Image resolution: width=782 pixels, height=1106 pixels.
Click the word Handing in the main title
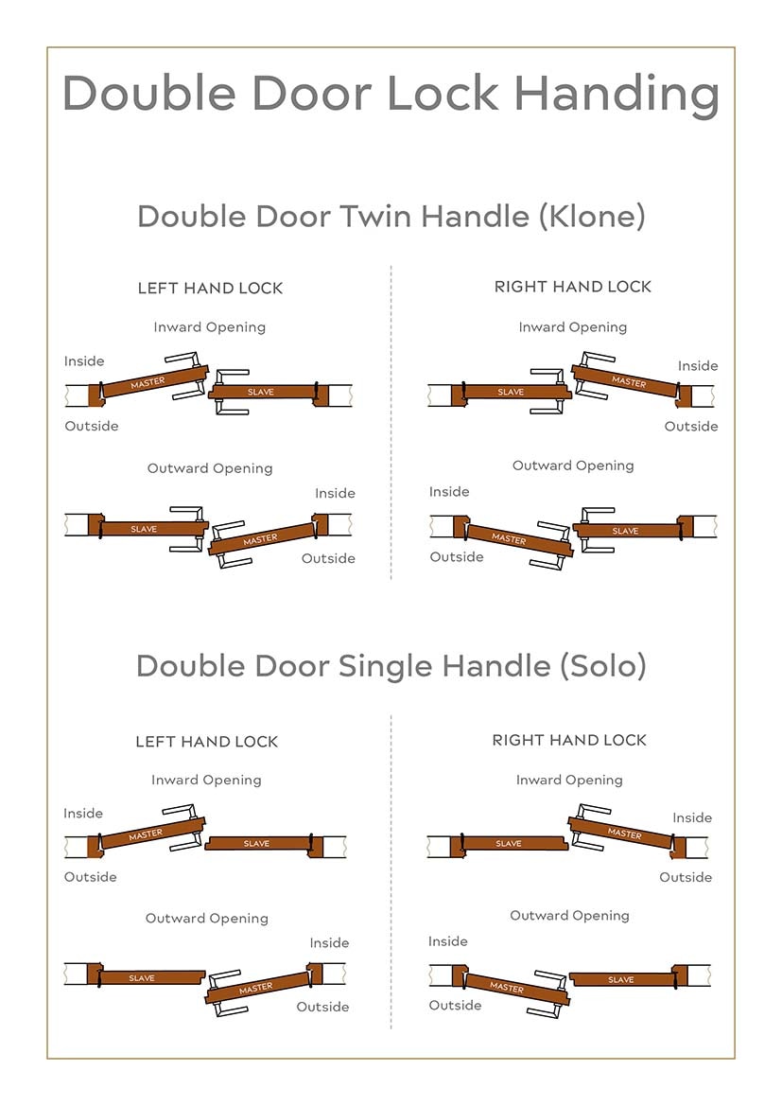[616, 94]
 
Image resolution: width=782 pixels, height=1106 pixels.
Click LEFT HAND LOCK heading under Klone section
[210, 288]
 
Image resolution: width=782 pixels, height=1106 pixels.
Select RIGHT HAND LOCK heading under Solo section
[569, 740]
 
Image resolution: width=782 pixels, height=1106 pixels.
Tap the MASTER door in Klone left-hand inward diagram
[148, 382]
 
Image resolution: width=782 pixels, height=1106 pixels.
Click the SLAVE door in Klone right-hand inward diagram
[511, 392]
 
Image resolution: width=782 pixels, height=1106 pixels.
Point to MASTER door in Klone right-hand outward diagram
[509, 538]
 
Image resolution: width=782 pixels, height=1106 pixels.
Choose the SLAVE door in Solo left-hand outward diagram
[142, 977]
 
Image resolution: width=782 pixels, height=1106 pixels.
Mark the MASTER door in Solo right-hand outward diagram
[507, 987]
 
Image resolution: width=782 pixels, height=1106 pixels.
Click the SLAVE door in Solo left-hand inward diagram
[256, 843]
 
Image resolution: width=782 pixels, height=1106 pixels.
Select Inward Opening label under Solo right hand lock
[569, 780]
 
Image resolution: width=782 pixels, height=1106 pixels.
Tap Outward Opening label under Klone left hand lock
[210, 468]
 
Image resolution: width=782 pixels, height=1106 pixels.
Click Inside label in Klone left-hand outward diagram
[335, 493]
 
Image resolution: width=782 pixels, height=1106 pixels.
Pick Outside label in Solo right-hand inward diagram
[686, 877]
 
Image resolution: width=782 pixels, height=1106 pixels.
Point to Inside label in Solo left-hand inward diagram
[83, 813]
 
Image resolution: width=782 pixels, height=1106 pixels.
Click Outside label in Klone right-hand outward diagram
[457, 556]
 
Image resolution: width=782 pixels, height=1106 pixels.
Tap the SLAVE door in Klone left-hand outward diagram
[144, 529]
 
